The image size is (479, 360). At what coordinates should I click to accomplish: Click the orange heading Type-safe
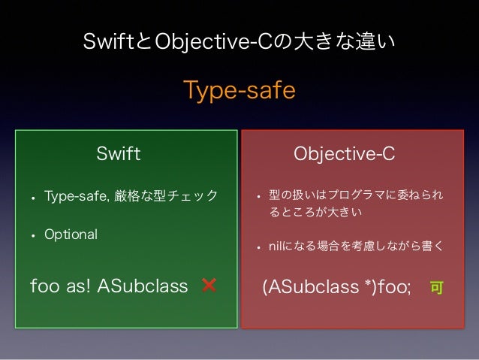click(x=239, y=90)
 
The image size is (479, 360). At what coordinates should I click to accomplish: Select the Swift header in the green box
click(x=119, y=154)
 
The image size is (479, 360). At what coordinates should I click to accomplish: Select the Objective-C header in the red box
click(x=344, y=154)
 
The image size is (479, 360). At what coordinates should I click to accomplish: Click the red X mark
click(x=209, y=286)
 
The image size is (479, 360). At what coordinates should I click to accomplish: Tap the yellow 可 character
click(x=435, y=287)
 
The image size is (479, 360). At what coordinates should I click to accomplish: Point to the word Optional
click(x=71, y=234)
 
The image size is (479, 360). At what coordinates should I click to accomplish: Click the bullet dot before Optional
click(x=33, y=235)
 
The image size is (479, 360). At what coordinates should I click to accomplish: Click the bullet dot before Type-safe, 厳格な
click(x=33, y=198)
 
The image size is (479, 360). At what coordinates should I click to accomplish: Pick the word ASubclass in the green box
click(x=143, y=286)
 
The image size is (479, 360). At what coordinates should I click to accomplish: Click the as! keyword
click(x=83, y=286)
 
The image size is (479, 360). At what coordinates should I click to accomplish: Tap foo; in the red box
click(x=393, y=287)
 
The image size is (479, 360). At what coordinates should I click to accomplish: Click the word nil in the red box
click(x=275, y=246)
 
